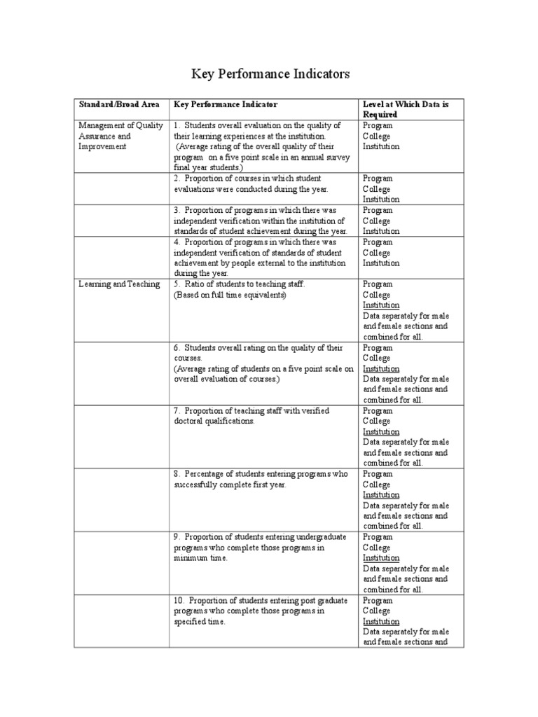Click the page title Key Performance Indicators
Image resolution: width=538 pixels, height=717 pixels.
click(270, 74)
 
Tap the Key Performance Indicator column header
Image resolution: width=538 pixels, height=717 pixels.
click(226, 104)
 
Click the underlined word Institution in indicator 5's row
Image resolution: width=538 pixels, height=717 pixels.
click(381, 305)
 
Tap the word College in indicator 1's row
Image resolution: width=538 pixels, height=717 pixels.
click(376, 137)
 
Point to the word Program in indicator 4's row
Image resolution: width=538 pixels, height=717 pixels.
click(378, 242)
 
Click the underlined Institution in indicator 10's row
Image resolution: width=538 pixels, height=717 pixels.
click(381, 621)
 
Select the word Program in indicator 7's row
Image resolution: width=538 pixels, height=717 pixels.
click(378, 411)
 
